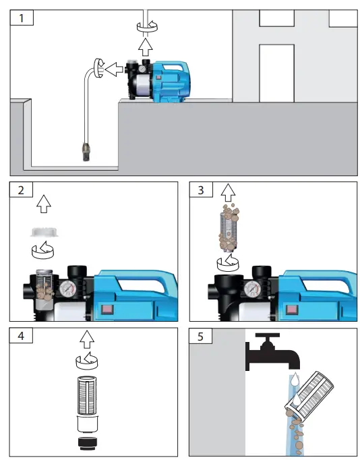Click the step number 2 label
(24, 191)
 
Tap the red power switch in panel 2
(107, 311)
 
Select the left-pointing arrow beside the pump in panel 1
(115, 67)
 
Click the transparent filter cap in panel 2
(42, 233)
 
